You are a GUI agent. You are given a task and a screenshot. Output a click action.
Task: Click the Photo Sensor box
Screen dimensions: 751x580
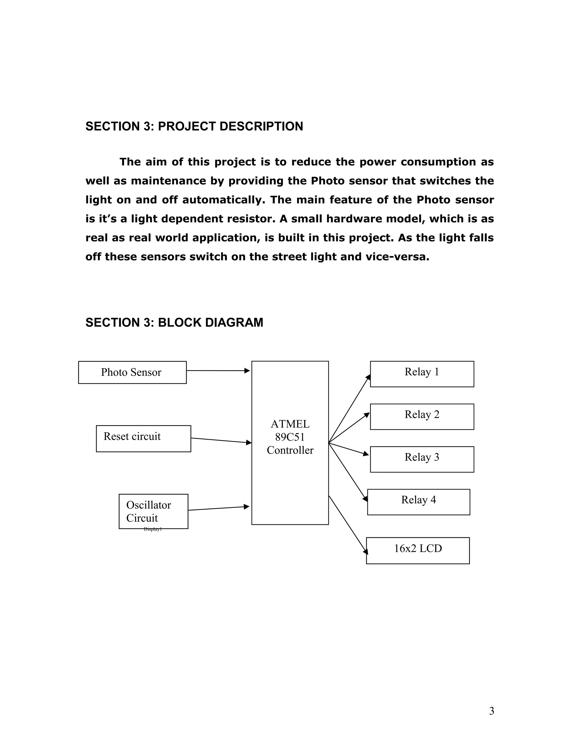pyautogui.click(x=132, y=372)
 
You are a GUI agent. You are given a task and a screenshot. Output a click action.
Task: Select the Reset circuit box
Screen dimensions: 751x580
pyautogui.click(x=143, y=438)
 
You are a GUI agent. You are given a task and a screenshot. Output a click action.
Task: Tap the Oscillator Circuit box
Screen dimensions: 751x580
pyautogui.click(x=153, y=511)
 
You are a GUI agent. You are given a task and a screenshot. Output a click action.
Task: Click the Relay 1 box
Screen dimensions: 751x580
pyautogui.click(x=422, y=374)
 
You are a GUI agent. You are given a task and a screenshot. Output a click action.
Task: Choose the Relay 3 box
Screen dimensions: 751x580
pyautogui.click(x=422, y=459)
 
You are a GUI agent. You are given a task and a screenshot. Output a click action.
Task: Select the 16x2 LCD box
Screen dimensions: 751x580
pyautogui.click(x=418, y=551)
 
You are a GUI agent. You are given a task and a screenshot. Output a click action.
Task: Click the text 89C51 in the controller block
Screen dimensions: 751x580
pyautogui.click(x=290, y=437)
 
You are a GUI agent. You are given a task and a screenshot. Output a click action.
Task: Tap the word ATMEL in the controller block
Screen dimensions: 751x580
pyautogui.click(x=290, y=424)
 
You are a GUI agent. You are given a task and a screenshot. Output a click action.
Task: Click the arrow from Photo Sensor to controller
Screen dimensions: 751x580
pyautogui.click(x=218, y=371)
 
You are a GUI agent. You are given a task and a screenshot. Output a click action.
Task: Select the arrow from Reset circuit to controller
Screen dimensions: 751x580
pyautogui.click(x=221, y=440)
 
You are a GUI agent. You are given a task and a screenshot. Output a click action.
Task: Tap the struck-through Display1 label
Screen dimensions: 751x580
pyautogui.click(x=153, y=529)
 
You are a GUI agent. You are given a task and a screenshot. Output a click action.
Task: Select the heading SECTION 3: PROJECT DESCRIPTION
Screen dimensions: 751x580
pyautogui.click(x=194, y=127)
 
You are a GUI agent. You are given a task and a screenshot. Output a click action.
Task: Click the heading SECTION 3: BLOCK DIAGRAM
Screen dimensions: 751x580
pyautogui.click(x=174, y=323)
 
